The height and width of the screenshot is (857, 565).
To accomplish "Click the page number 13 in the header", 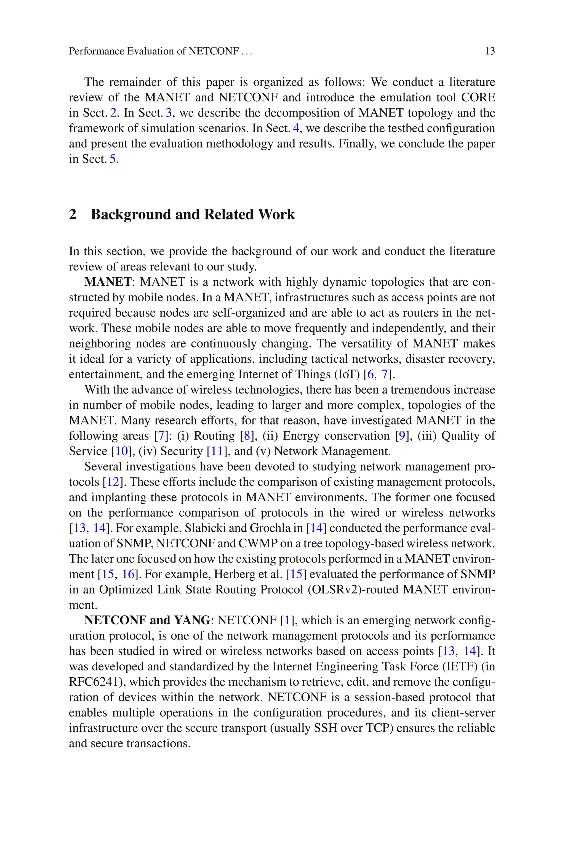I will click(x=490, y=51).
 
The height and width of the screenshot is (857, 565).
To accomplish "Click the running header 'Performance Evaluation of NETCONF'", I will click(x=153, y=51).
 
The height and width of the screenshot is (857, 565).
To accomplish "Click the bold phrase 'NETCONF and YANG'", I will click(x=147, y=620).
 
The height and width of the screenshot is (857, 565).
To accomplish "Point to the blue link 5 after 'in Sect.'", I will click(x=113, y=159).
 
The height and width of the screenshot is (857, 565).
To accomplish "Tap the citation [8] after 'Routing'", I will click(x=247, y=436).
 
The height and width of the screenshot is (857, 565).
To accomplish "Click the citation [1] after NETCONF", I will click(x=287, y=620).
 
